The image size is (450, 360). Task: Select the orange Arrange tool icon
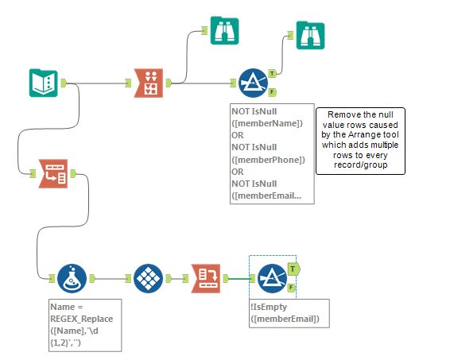pyautogui.click(x=149, y=82)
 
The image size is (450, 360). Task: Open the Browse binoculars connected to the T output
pyautogui.click(x=311, y=36)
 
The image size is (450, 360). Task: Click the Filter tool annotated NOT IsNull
pyautogui.click(x=253, y=82)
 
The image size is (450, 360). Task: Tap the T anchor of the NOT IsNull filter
pyautogui.click(x=273, y=72)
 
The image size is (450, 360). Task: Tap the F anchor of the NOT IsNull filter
pyautogui.click(x=273, y=92)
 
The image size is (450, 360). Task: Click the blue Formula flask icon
pyautogui.click(x=72, y=279)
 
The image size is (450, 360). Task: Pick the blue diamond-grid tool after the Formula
pyautogui.click(x=149, y=279)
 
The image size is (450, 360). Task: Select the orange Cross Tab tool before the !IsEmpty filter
pyautogui.click(x=206, y=279)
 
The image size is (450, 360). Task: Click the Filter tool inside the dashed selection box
pyautogui.click(x=271, y=278)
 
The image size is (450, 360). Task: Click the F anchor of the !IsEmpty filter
pyautogui.click(x=292, y=288)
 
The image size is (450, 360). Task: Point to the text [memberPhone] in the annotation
pyautogui.click(x=267, y=159)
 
